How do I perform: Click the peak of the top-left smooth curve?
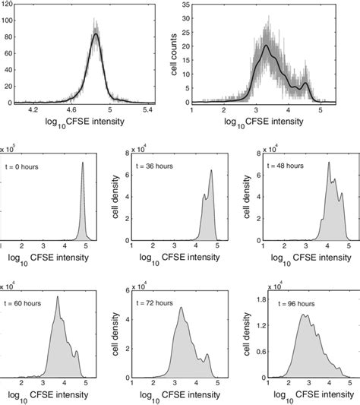pyautogui.click(x=96, y=33)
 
